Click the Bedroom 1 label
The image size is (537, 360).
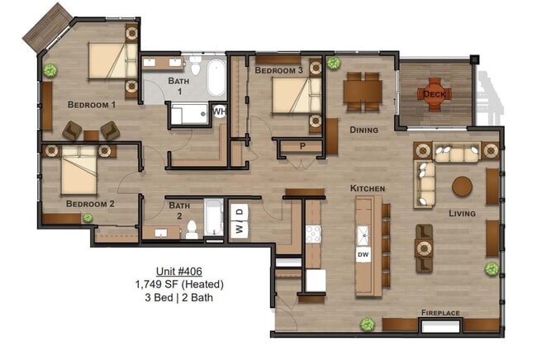(x=91, y=105)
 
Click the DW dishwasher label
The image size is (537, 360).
(x=363, y=255)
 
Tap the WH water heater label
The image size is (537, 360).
(x=219, y=111)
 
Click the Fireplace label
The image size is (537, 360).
(x=440, y=313)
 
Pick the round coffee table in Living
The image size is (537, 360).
(x=463, y=186)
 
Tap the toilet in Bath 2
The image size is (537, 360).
(x=192, y=228)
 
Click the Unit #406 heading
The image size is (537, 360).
(x=179, y=272)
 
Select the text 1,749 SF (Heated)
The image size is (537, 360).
(x=179, y=285)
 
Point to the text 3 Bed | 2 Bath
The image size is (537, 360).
(x=179, y=298)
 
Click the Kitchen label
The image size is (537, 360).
(x=367, y=189)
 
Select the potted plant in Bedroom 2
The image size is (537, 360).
(x=88, y=218)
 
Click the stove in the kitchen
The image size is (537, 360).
(x=314, y=234)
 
